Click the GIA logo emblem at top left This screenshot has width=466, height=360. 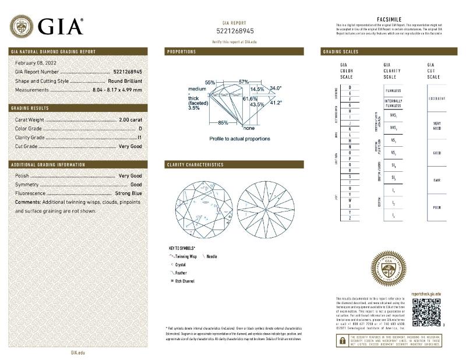pos(22,26)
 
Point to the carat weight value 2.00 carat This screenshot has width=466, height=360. pos(129,119)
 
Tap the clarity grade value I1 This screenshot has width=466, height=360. pos(139,137)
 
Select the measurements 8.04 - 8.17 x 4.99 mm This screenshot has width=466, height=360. pos(117,90)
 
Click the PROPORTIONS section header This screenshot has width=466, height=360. pos(182,52)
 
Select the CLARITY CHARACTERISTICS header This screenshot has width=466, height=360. pos(195,165)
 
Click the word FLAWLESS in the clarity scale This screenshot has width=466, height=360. pos(393,91)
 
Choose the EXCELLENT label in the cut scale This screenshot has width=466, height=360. pos(437,98)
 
